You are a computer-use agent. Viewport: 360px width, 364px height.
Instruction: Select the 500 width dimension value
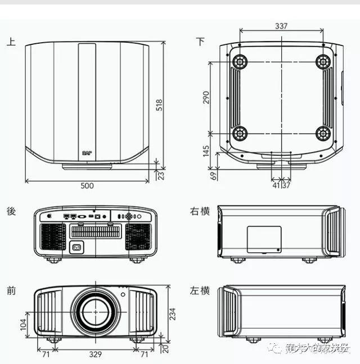87,186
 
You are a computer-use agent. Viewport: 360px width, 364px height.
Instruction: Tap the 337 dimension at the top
281,25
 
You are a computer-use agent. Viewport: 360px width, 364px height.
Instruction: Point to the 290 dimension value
206,98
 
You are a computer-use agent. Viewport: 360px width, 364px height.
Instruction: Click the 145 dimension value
206,151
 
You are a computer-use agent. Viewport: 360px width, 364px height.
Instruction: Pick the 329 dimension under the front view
95,354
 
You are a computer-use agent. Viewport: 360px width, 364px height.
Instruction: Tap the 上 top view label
11,41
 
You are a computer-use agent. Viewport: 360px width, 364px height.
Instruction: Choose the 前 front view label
11,290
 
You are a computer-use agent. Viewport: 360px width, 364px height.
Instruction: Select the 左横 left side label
200,290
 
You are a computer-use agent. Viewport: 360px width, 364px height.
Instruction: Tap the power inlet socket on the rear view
75,246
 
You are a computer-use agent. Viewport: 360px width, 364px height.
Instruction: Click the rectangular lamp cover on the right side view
264,239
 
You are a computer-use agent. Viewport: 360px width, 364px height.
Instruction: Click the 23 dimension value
161,175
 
